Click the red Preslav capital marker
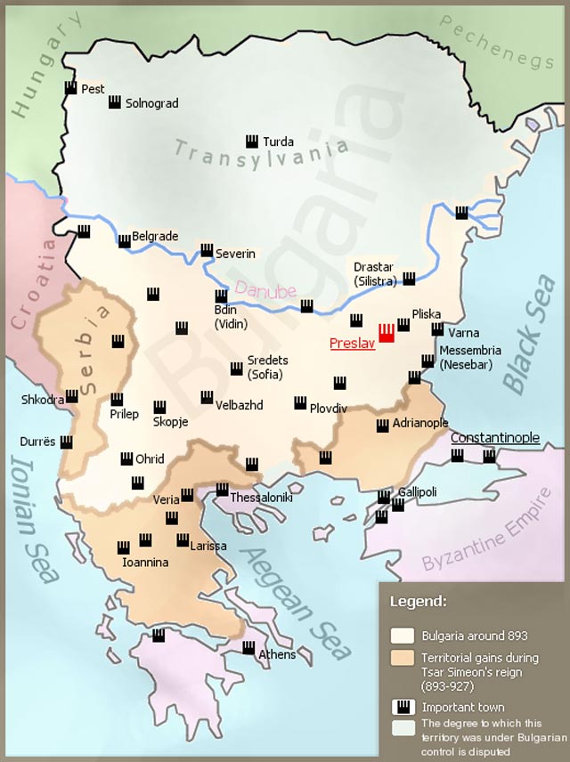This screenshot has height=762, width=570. pos(387,334)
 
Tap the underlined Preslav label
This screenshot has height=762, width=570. pos(350,344)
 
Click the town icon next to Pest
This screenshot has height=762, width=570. pos(71,88)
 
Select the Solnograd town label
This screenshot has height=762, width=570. pos(151,103)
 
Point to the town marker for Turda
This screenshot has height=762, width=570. pos(252,142)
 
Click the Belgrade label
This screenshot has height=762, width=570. pos(155,237)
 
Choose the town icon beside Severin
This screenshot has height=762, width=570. pos(207,251)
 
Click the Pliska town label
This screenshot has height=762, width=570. pos(427,314)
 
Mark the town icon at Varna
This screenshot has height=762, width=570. pos(437,329)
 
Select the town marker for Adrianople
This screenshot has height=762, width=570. pos(383,426)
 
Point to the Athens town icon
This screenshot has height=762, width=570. pos(248,647)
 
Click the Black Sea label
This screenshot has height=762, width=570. pos(529,333)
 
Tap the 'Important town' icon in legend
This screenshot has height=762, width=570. pos(403,707)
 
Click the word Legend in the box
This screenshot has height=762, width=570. pos(419,601)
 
